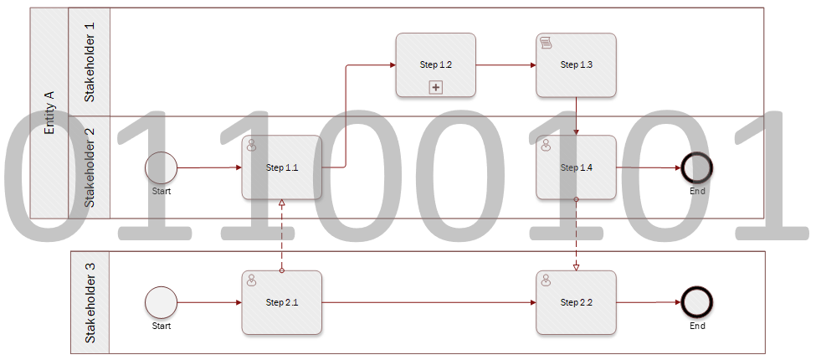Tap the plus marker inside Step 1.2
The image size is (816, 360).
pyautogui.click(x=435, y=87)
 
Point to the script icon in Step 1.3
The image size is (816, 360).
pyautogui.click(x=546, y=43)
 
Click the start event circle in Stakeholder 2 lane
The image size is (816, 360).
pyautogui.click(x=162, y=167)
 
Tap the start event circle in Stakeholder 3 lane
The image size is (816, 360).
pyautogui.click(x=162, y=302)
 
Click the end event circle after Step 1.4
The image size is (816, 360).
pyautogui.click(x=697, y=167)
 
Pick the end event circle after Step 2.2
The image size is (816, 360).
pyautogui.click(x=697, y=302)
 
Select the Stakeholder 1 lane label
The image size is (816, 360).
pyautogui.click(x=90, y=62)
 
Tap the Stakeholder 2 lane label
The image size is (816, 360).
pyautogui.click(x=90, y=167)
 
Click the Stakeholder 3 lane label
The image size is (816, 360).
pyautogui.click(x=90, y=302)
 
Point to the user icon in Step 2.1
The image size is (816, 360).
pyautogui.click(x=251, y=280)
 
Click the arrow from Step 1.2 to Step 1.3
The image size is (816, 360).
pyautogui.click(x=506, y=64)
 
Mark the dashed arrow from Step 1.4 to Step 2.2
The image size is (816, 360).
pyautogui.click(x=576, y=234)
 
